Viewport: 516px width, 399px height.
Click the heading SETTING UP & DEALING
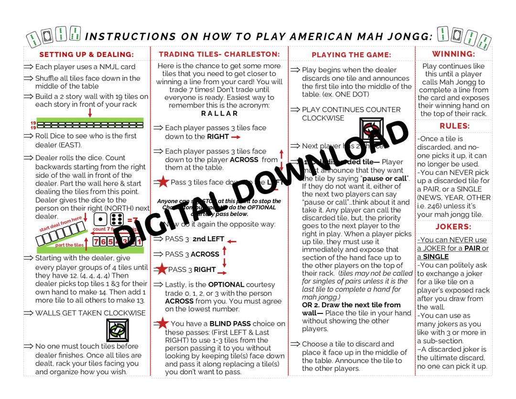pos(86,54)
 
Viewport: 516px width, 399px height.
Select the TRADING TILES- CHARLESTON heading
pos(219,54)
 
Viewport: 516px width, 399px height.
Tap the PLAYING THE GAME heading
pos(351,55)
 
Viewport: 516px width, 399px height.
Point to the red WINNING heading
pos(453,54)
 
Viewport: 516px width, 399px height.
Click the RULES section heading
pos(454,126)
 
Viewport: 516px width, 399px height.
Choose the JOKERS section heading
pos(453,226)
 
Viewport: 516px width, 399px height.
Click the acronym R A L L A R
pos(219,113)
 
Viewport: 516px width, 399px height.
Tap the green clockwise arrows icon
pos(118,330)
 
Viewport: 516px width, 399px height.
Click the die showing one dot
pos(100,219)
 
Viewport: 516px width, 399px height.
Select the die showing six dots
pos(117,219)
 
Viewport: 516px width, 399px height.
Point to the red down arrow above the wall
pos(90,113)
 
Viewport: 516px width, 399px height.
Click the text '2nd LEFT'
pos(208,239)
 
